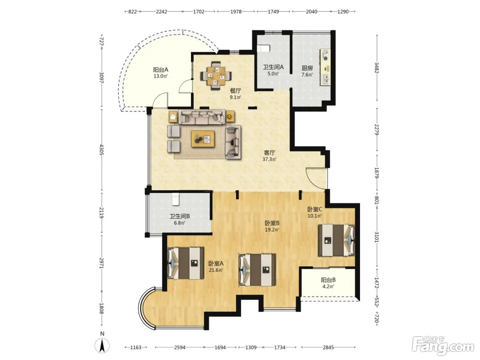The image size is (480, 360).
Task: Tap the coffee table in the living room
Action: (x=203, y=139)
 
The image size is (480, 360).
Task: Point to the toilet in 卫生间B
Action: (x=176, y=199)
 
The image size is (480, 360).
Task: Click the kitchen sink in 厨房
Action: (x=325, y=79)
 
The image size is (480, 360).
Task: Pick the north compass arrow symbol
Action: (x=102, y=346)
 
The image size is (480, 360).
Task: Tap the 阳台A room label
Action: (x=160, y=70)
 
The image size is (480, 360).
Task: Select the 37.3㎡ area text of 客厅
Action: (x=269, y=159)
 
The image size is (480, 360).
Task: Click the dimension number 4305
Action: (x=101, y=149)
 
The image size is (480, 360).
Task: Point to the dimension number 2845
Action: (x=328, y=347)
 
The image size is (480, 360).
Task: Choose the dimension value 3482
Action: (x=376, y=68)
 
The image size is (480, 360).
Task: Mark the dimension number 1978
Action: (x=236, y=12)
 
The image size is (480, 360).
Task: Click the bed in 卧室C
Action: (x=336, y=240)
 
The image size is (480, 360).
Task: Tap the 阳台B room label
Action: (x=328, y=280)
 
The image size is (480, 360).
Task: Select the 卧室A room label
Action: (x=216, y=263)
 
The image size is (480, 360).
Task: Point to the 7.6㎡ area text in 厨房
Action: (x=307, y=75)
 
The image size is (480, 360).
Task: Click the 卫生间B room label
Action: (x=180, y=216)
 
